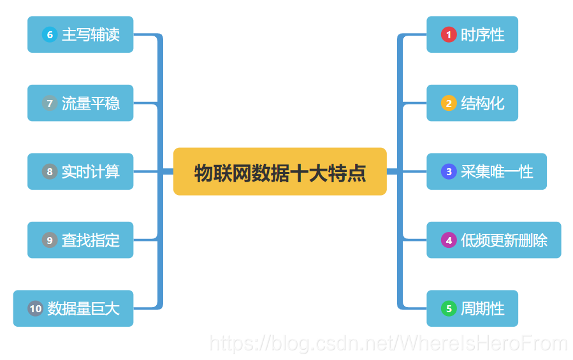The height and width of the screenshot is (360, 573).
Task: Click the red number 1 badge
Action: pyautogui.click(x=449, y=34)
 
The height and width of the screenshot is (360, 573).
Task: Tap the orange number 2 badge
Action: pyautogui.click(x=449, y=103)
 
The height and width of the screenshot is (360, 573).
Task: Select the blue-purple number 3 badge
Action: pyautogui.click(x=449, y=171)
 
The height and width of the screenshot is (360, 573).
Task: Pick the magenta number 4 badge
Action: pyautogui.click(x=449, y=240)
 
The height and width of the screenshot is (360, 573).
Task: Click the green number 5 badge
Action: pyautogui.click(x=449, y=309)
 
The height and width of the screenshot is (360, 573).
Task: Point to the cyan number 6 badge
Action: pyautogui.click(x=50, y=34)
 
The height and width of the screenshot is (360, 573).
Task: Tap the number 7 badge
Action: pyautogui.click(x=50, y=103)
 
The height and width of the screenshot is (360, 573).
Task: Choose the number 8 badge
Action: pyautogui.click(x=50, y=171)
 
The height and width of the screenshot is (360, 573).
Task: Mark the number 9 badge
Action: pyautogui.click(x=50, y=240)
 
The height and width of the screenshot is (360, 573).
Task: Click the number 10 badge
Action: pyautogui.click(x=35, y=309)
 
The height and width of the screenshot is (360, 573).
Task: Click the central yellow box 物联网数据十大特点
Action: pyautogui.click(x=280, y=172)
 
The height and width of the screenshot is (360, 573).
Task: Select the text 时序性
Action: pyautogui.click(x=482, y=34)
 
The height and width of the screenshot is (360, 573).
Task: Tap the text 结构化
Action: pyautogui.click(x=482, y=103)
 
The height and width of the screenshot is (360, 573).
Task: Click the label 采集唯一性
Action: pyautogui.click(x=497, y=171)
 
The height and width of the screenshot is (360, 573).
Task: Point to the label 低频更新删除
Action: pyautogui.click(x=504, y=240)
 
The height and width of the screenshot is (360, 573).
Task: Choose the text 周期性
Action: pyautogui.click(x=482, y=309)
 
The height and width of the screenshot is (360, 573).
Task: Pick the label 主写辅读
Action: pyautogui.click(x=91, y=34)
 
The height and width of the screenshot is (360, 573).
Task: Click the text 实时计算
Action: pyautogui.click(x=91, y=171)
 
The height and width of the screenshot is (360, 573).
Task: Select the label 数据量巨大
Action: pyautogui.click(x=83, y=309)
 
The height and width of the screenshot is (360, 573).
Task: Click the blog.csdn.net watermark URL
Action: pyautogui.click(x=388, y=343)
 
